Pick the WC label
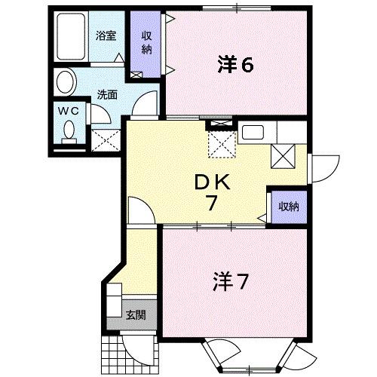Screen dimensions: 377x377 69,110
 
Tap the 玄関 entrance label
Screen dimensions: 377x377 136,314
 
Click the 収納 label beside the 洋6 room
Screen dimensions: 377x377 146,43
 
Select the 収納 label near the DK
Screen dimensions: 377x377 287,206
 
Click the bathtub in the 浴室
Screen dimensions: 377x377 72,38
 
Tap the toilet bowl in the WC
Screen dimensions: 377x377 69,131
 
